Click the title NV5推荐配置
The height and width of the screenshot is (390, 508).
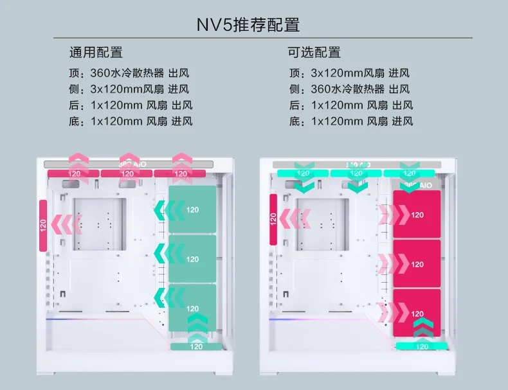tap(248, 26)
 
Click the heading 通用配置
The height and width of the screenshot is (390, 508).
tap(96, 53)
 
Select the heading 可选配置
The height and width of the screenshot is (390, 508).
tap(314, 53)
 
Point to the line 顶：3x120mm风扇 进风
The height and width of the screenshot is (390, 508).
tap(349, 73)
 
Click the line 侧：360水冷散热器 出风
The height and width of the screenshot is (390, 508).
tap(349, 89)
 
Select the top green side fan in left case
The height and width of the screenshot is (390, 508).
tap(192, 209)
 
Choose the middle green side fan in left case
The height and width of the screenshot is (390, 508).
tap(192, 259)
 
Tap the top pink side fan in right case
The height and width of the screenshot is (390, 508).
tap(417, 215)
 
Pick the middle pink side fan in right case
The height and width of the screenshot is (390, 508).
tap(417, 264)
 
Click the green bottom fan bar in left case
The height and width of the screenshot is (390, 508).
tap(196, 347)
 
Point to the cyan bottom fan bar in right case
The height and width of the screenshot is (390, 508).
tap(422, 346)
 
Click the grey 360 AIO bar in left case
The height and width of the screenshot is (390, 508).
tap(129, 164)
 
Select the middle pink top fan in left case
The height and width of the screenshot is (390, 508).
tap(127, 173)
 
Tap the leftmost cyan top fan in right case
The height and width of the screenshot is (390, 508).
tap(303, 173)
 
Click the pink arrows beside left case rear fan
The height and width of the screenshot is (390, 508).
tap(69, 224)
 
